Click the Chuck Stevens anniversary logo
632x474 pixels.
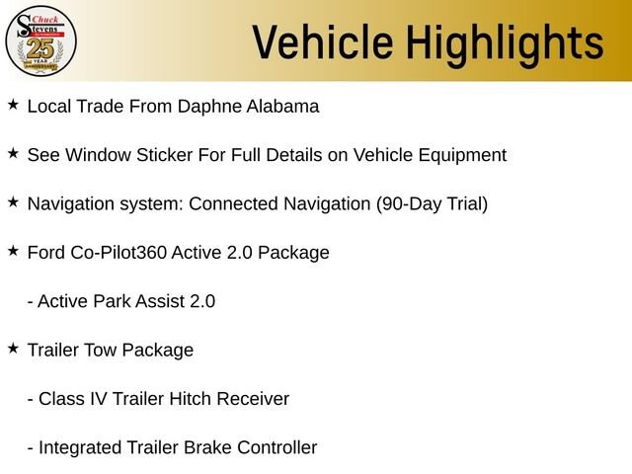pyautogui.click(x=40, y=40)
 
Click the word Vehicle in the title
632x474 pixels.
pyautogui.click(x=323, y=41)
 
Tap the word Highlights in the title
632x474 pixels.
pyautogui.click(x=505, y=45)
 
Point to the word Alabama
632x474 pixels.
pyautogui.click(x=282, y=107)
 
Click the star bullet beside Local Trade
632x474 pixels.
pyautogui.click(x=13, y=105)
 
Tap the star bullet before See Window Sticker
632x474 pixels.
pyautogui.click(x=13, y=153)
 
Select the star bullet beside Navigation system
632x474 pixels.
pyautogui.click(x=13, y=201)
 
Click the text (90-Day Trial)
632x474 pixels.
pyautogui.click(x=433, y=204)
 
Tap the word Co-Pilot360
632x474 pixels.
pyautogui.click(x=118, y=253)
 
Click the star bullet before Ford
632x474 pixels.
pyautogui.click(x=13, y=251)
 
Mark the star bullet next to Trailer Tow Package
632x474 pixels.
pyautogui.click(x=13, y=349)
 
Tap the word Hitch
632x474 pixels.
pyautogui.click(x=190, y=399)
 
